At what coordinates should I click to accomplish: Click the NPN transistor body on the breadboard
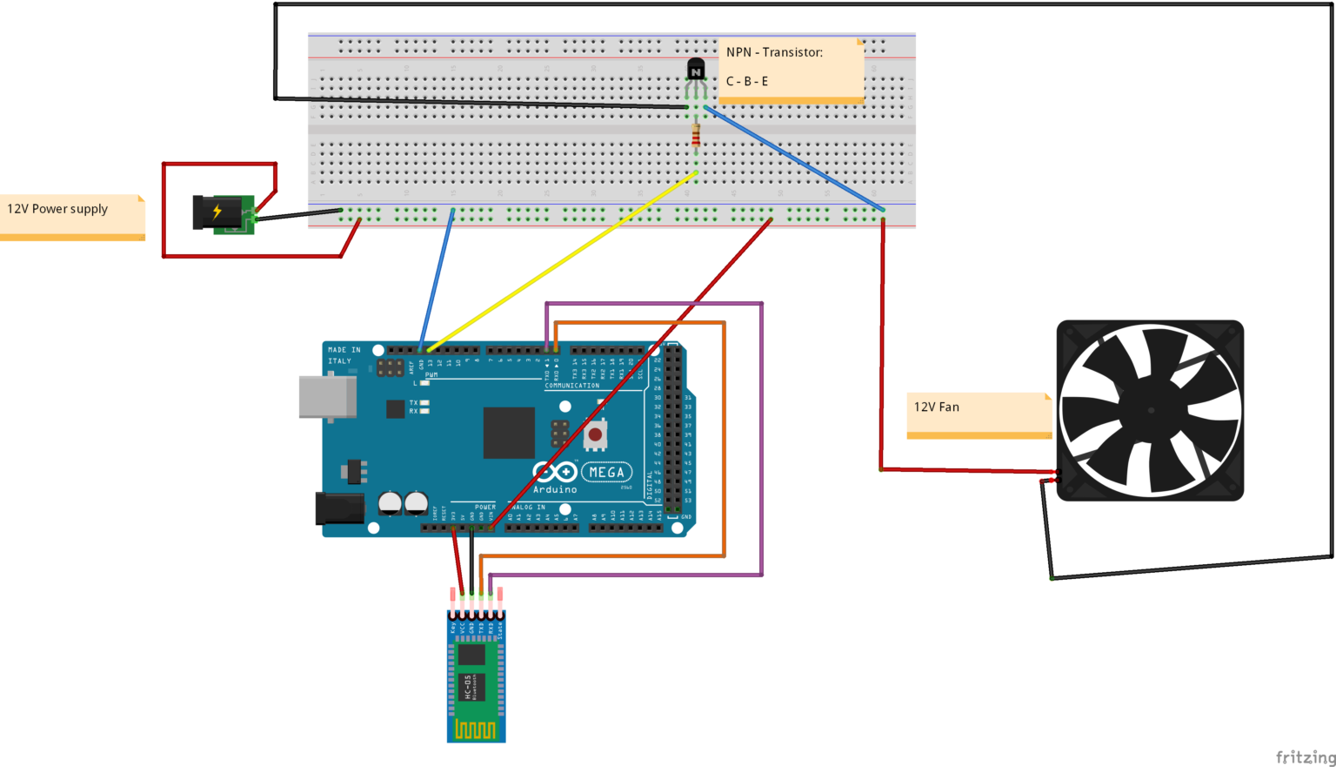click(696, 70)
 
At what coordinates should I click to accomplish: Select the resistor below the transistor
click(696, 136)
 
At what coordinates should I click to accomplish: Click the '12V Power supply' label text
click(57, 209)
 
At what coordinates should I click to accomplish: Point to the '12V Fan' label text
click(937, 407)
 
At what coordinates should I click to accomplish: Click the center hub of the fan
click(1151, 410)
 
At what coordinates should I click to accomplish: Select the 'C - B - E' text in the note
click(747, 81)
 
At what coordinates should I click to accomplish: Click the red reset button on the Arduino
click(595, 434)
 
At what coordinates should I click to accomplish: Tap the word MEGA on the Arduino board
click(606, 473)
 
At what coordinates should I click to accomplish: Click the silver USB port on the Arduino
click(327, 397)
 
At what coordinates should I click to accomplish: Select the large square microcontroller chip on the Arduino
click(509, 432)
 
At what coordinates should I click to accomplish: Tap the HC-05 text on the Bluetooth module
click(467, 687)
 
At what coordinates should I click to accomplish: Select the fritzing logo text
click(1305, 757)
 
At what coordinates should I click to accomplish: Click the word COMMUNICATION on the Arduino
click(571, 386)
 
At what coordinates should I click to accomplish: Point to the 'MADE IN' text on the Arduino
click(344, 350)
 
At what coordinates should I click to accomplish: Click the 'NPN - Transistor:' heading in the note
click(774, 52)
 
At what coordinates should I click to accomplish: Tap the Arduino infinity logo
click(554, 473)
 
